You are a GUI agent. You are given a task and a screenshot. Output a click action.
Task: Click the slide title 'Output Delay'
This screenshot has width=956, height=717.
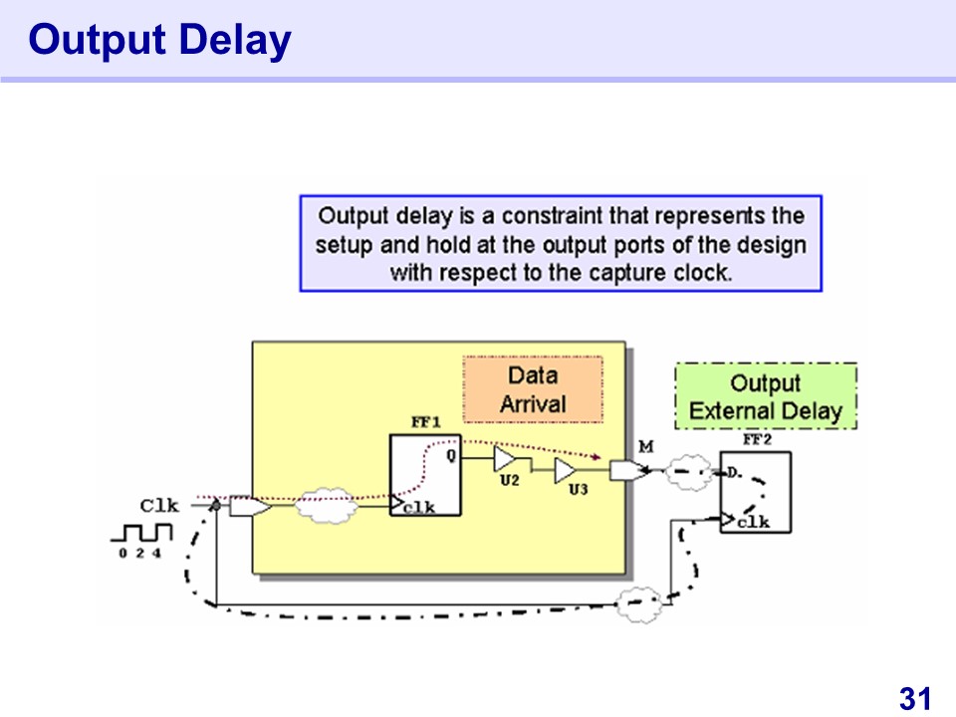click(x=159, y=40)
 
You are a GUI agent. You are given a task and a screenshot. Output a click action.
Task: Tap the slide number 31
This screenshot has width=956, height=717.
click(x=914, y=698)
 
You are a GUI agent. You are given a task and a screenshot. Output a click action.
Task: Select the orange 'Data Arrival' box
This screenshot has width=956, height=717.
click(x=533, y=389)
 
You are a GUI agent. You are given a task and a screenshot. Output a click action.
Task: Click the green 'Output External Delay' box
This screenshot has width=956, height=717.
click(x=765, y=396)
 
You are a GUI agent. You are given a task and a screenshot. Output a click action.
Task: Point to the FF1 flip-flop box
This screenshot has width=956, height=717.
click(x=425, y=476)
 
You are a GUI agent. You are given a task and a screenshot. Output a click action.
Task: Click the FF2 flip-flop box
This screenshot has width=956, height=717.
click(x=755, y=492)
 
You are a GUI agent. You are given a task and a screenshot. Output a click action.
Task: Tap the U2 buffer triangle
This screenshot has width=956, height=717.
click(x=506, y=459)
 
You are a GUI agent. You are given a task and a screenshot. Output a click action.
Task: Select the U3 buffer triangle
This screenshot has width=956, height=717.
click(x=565, y=470)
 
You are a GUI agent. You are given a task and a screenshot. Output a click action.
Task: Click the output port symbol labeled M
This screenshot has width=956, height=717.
click(x=626, y=469)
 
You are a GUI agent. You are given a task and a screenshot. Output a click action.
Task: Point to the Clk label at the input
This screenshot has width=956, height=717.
click(x=158, y=506)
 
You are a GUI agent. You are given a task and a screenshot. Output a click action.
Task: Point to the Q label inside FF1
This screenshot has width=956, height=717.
click(x=450, y=457)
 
